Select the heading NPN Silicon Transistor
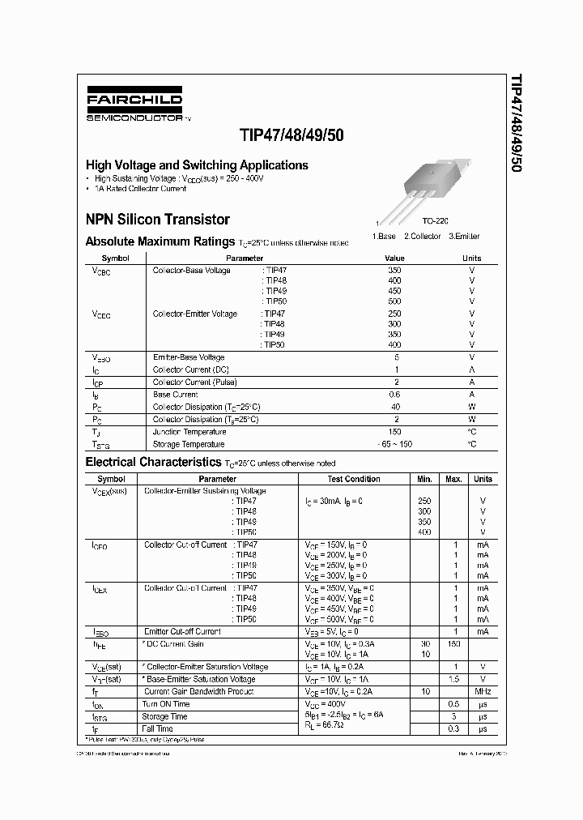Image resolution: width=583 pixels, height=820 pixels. coord(157,220)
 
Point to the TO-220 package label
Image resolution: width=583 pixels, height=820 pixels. coord(435,220)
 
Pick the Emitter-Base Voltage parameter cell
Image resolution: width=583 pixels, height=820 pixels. coord(189,357)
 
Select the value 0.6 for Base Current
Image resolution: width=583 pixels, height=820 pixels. coord(394,395)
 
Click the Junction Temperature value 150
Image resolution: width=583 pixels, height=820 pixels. coord(394,432)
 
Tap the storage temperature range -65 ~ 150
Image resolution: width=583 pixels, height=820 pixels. coord(394,444)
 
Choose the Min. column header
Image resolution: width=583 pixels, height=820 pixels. coord(424,479)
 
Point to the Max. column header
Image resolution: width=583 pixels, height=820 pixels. coord(453,479)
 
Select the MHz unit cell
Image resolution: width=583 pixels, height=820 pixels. coord(483,691)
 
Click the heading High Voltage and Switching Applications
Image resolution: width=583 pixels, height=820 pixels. coord(197,165)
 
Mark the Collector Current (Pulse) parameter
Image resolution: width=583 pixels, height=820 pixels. coord(194,382)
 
